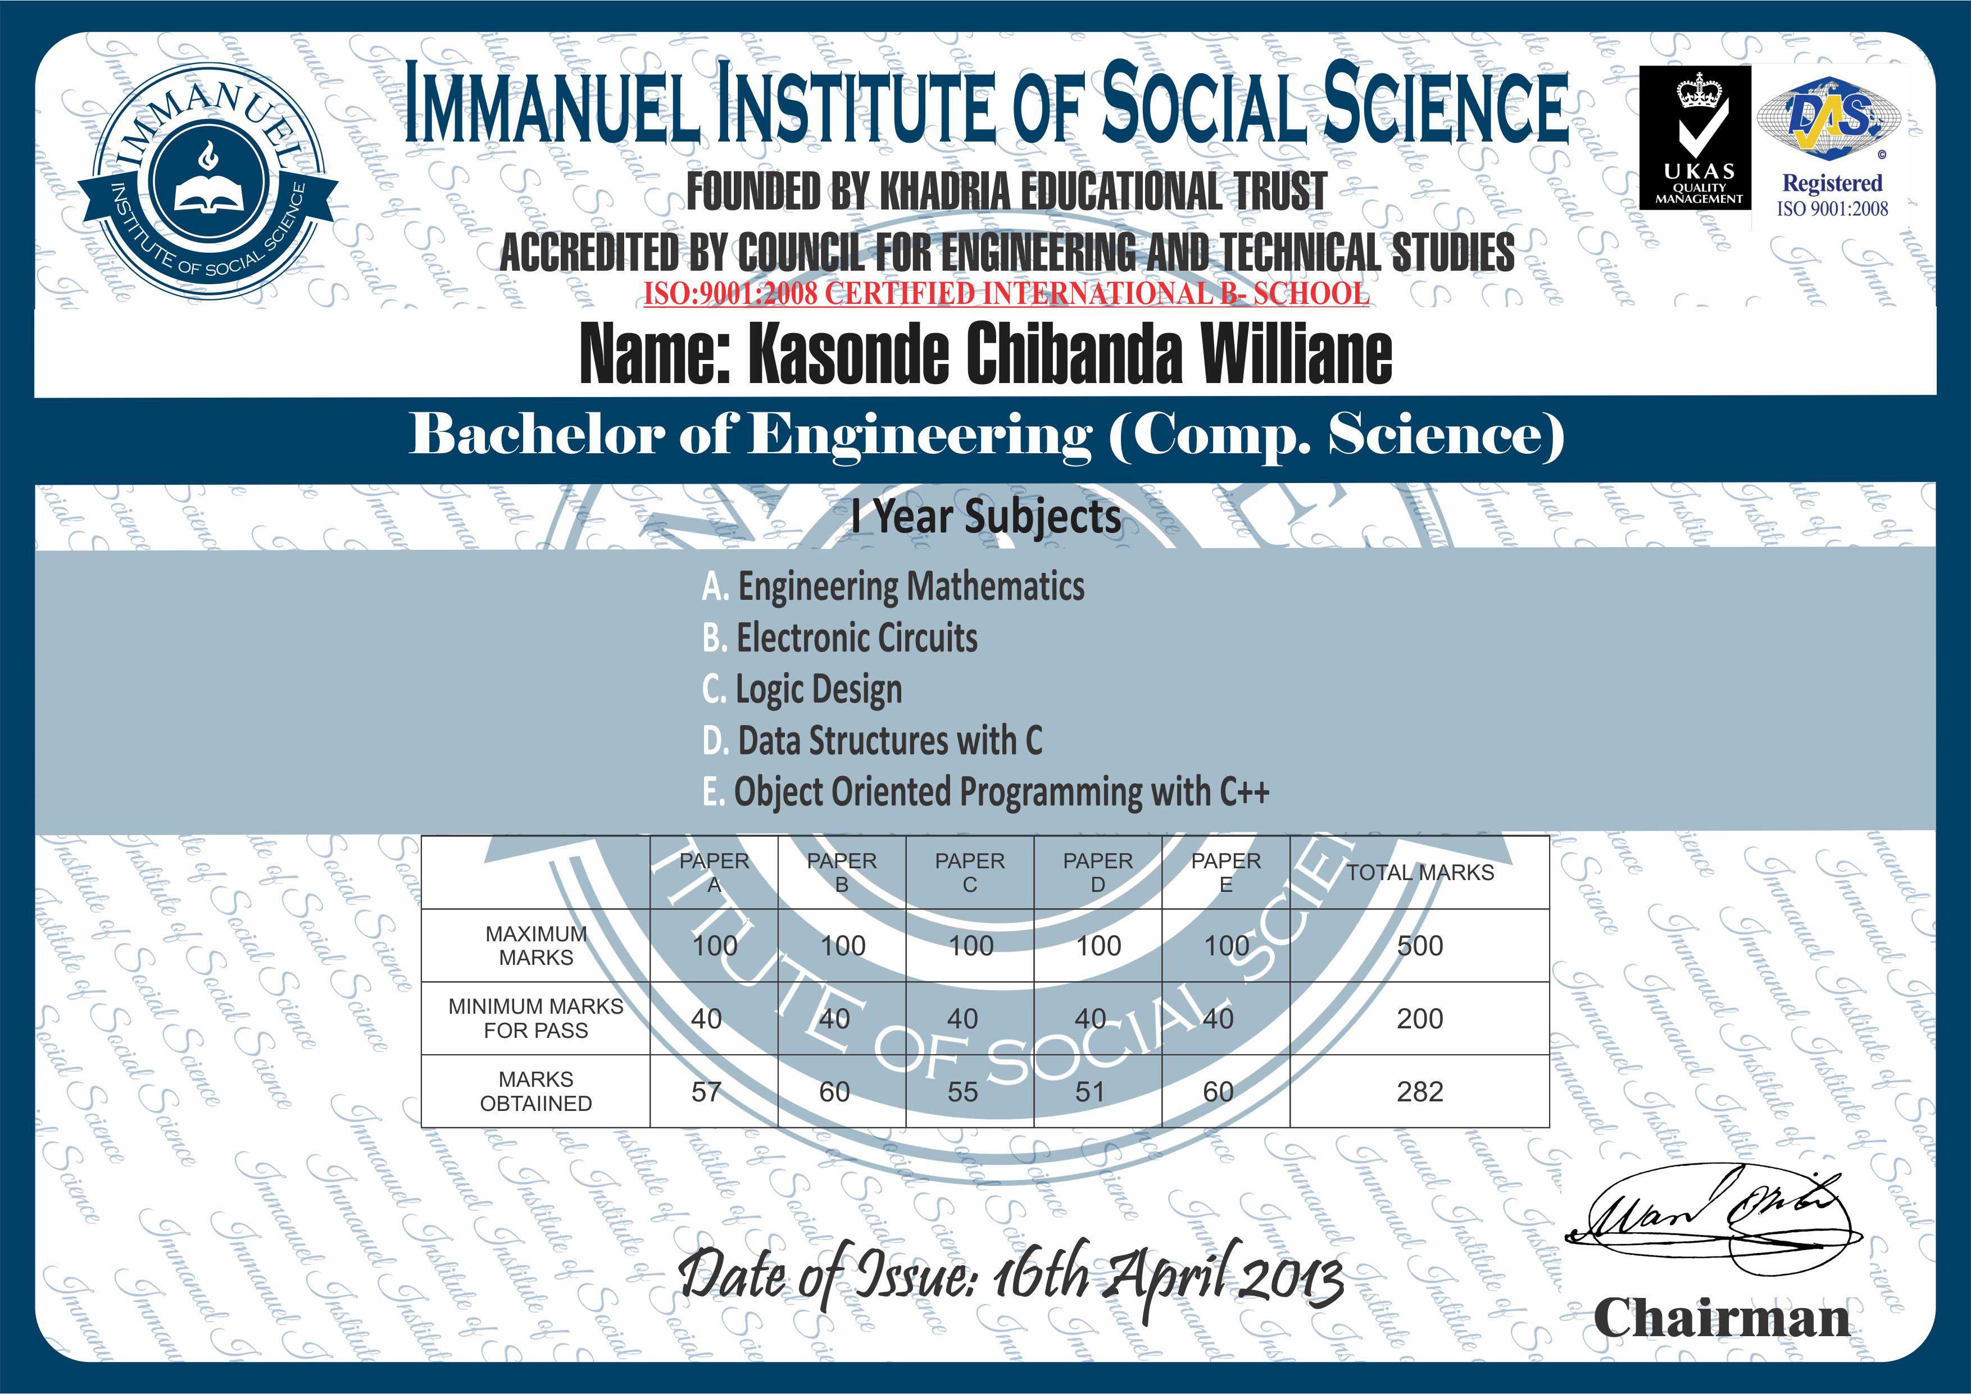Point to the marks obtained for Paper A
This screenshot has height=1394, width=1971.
point(706,1092)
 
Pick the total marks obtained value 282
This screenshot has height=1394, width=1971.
point(1420,1092)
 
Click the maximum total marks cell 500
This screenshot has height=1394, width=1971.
point(1420,946)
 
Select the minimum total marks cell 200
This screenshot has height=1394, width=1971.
point(1420,1019)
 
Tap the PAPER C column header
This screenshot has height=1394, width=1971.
point(970,873)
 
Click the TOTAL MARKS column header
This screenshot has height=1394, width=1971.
point(1420,873)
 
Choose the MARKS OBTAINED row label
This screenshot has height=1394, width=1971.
point(535,1091)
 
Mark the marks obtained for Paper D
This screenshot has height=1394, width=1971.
point(1090,1092)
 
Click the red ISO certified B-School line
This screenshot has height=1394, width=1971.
point(1006,294)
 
